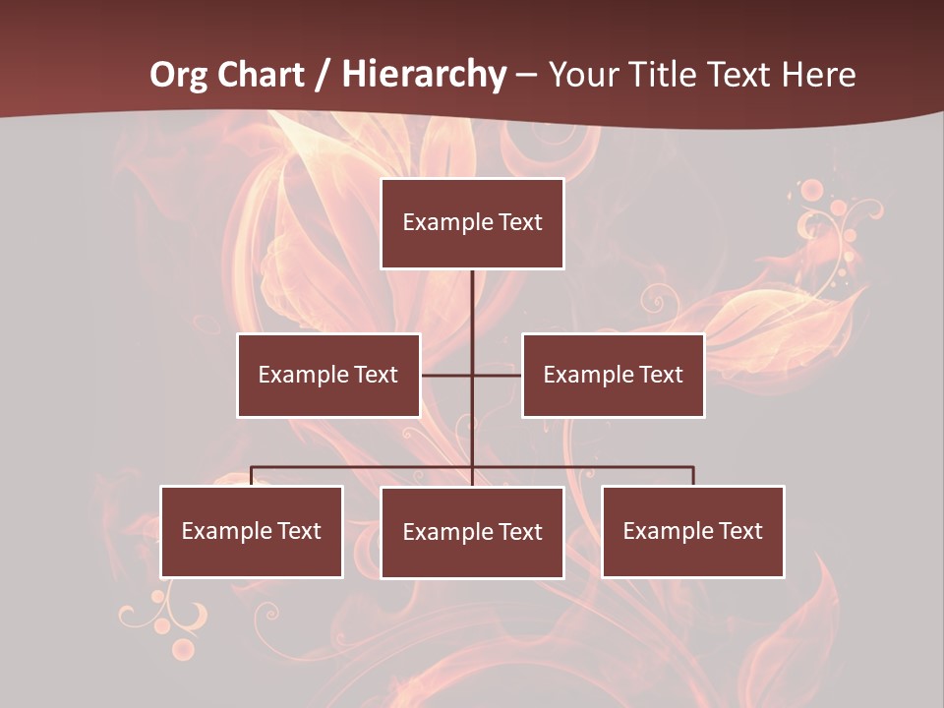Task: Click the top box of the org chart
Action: point(472,223)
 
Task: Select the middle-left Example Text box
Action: point(328,376)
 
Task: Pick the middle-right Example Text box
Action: point(613,376)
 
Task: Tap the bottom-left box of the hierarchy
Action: point(252,532)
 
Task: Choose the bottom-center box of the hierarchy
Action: point(472,533)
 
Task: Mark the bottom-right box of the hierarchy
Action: point(693,532)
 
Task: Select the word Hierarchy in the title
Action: point(424,75)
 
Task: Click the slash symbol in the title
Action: point(323,75)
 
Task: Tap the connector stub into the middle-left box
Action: point(445,376)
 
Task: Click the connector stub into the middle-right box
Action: point(498,376)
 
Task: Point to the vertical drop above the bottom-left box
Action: point(252,476)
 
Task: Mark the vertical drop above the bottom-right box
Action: point(693,476)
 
